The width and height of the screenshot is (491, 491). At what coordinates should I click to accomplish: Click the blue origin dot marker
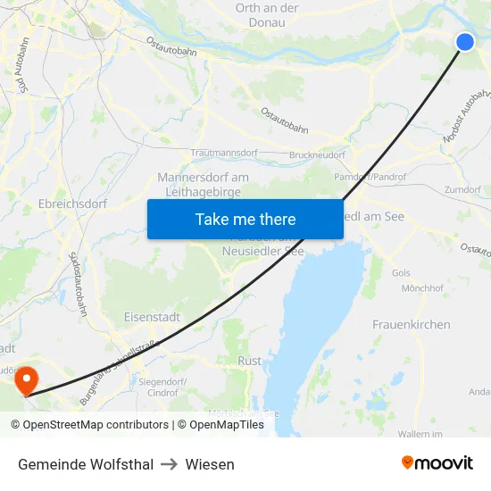click(465, 42)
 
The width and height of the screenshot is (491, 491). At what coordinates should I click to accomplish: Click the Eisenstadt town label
click(152, 316)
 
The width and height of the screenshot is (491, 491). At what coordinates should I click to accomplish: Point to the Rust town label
click(250, 361)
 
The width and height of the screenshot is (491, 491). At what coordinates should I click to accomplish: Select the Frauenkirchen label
click(411, 324)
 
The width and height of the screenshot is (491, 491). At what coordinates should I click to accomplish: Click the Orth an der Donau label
click(267, 14)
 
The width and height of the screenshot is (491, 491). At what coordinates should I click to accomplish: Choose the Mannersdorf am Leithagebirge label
click(203, 184)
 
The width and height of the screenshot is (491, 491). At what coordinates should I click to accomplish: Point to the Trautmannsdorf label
click(224, 154)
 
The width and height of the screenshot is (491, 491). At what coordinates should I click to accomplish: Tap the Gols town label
click(400, 272)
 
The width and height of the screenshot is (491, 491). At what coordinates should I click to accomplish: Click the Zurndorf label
click(462, 190)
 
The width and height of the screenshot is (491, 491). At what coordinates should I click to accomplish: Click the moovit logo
click(437, 463)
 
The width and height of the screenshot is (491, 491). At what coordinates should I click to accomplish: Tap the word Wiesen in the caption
click(210, 464)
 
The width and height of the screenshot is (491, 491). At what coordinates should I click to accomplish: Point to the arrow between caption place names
click(170, 464)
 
